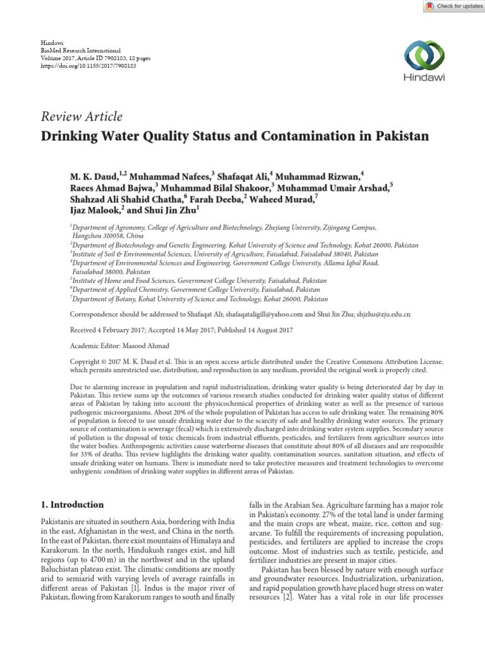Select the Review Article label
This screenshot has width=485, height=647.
[81, 116]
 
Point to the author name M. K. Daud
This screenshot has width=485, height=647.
[92, 173]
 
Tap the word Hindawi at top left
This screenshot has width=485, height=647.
[52, 41]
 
